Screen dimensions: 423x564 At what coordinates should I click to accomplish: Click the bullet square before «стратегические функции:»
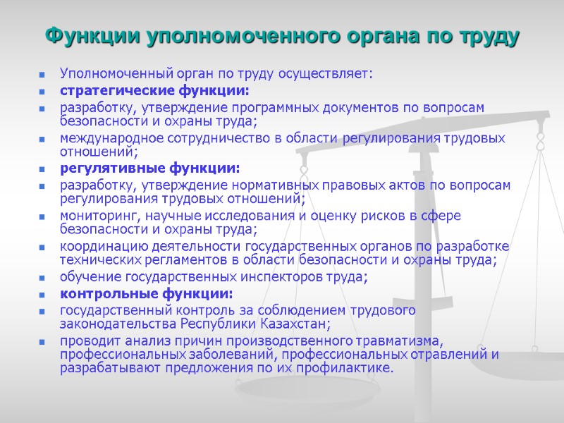43,92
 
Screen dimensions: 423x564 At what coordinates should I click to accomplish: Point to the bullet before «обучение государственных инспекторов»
43,278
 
